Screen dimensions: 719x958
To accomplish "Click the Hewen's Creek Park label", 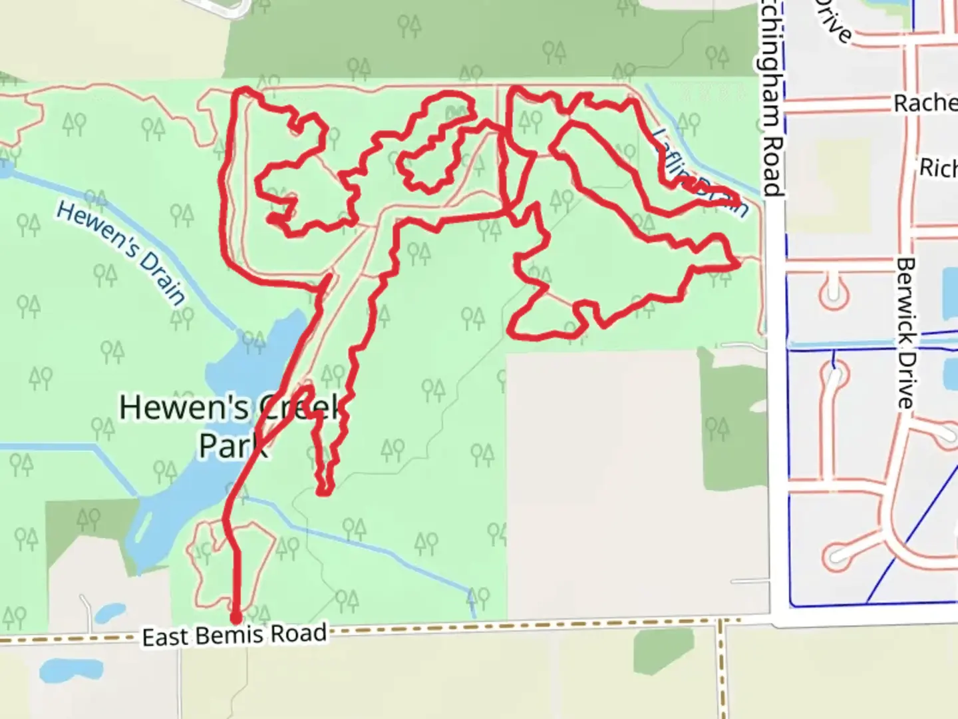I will [230, 426].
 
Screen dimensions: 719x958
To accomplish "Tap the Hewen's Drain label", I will [120, 252].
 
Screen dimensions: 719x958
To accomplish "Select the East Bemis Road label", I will [234, 636].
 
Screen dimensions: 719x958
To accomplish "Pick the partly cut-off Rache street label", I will [925, 103].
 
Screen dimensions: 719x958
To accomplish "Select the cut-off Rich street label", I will [938, 168].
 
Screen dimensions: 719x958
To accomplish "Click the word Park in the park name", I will [233, 446].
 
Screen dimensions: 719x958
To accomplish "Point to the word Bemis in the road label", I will [233, 636].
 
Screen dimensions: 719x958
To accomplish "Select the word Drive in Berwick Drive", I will [905, 383].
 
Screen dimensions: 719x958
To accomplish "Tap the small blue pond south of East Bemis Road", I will [60, 669].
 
